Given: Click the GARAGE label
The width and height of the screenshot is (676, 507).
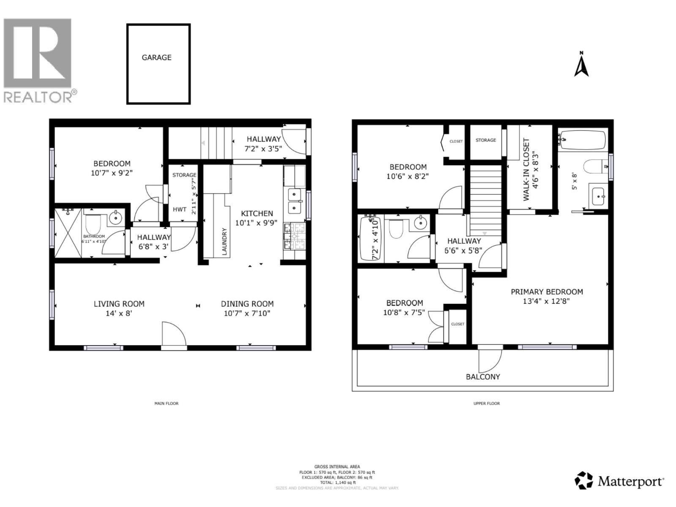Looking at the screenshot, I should coord(156,57).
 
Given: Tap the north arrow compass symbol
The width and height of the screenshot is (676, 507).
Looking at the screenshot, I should coord(581,65).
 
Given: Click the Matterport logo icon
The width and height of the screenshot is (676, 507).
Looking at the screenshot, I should coord(583,480).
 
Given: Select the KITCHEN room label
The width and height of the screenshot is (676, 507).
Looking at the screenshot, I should coord(257,213).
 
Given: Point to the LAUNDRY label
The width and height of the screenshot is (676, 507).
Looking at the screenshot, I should coord(224,242).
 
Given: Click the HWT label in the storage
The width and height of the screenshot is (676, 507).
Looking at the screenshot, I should coord(179,210).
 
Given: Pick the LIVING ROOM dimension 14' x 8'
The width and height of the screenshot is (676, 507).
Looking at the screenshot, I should coord(119,313).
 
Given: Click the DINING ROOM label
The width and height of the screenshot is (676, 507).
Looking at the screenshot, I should coord(247,304).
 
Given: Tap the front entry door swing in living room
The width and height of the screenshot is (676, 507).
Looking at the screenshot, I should coord(173,334).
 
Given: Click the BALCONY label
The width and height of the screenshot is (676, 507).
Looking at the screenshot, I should coord(483,377).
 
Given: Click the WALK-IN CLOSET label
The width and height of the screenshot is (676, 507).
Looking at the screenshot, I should coord(526,169).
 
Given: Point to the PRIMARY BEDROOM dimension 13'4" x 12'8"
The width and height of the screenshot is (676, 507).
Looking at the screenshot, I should coord(547,301).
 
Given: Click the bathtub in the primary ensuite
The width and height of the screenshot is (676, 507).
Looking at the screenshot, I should coord(582,139).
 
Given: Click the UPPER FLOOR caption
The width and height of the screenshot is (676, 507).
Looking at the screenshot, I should coord(486,403).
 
